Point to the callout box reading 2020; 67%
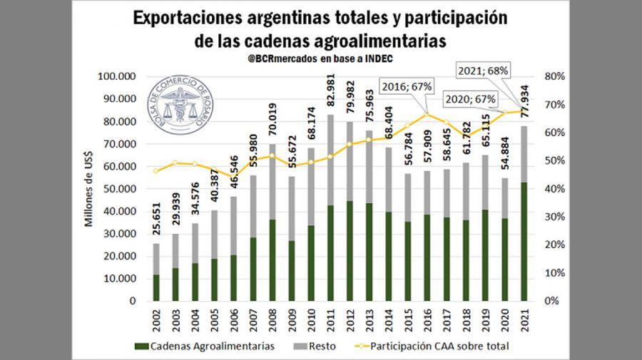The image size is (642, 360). click(x=469, y=99)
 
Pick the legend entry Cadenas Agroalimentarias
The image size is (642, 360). click(x=206, y=347)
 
